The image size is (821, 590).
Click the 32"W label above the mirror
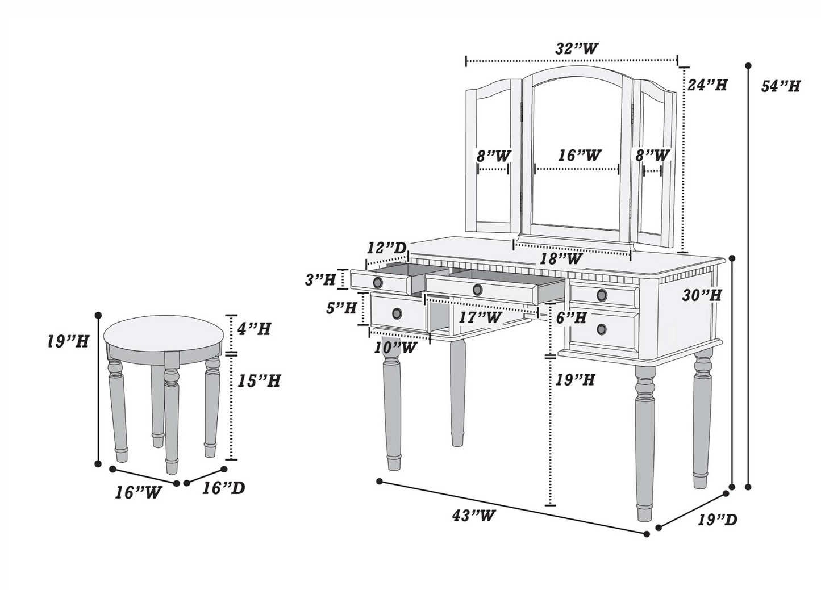[x=576, y=49]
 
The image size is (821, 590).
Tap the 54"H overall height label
[x=780, y=86]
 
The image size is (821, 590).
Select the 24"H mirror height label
[x=707, y=85]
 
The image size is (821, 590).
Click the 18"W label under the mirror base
[x=560, y=259]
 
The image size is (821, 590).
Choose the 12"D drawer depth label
[x=386, y=248]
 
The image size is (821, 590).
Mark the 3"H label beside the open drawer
[x=320, y=279]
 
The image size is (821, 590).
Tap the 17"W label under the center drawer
[x=480, y=317]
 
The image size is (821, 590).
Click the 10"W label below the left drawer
[x=395, y=348]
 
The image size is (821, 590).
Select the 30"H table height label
[x=702, y=295]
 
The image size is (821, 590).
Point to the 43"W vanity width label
[x=473, y=516]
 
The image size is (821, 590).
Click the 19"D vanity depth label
[x=717, y=520]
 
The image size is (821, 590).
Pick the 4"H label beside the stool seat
[x=253, y=328]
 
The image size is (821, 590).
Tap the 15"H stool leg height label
[x=259, y=380]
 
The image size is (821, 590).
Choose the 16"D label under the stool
[x=224, y=488]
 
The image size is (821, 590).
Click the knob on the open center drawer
[x=477, y=290]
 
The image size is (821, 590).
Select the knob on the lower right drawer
[x=602, y=329]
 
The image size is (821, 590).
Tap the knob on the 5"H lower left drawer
[x=397, y=313]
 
